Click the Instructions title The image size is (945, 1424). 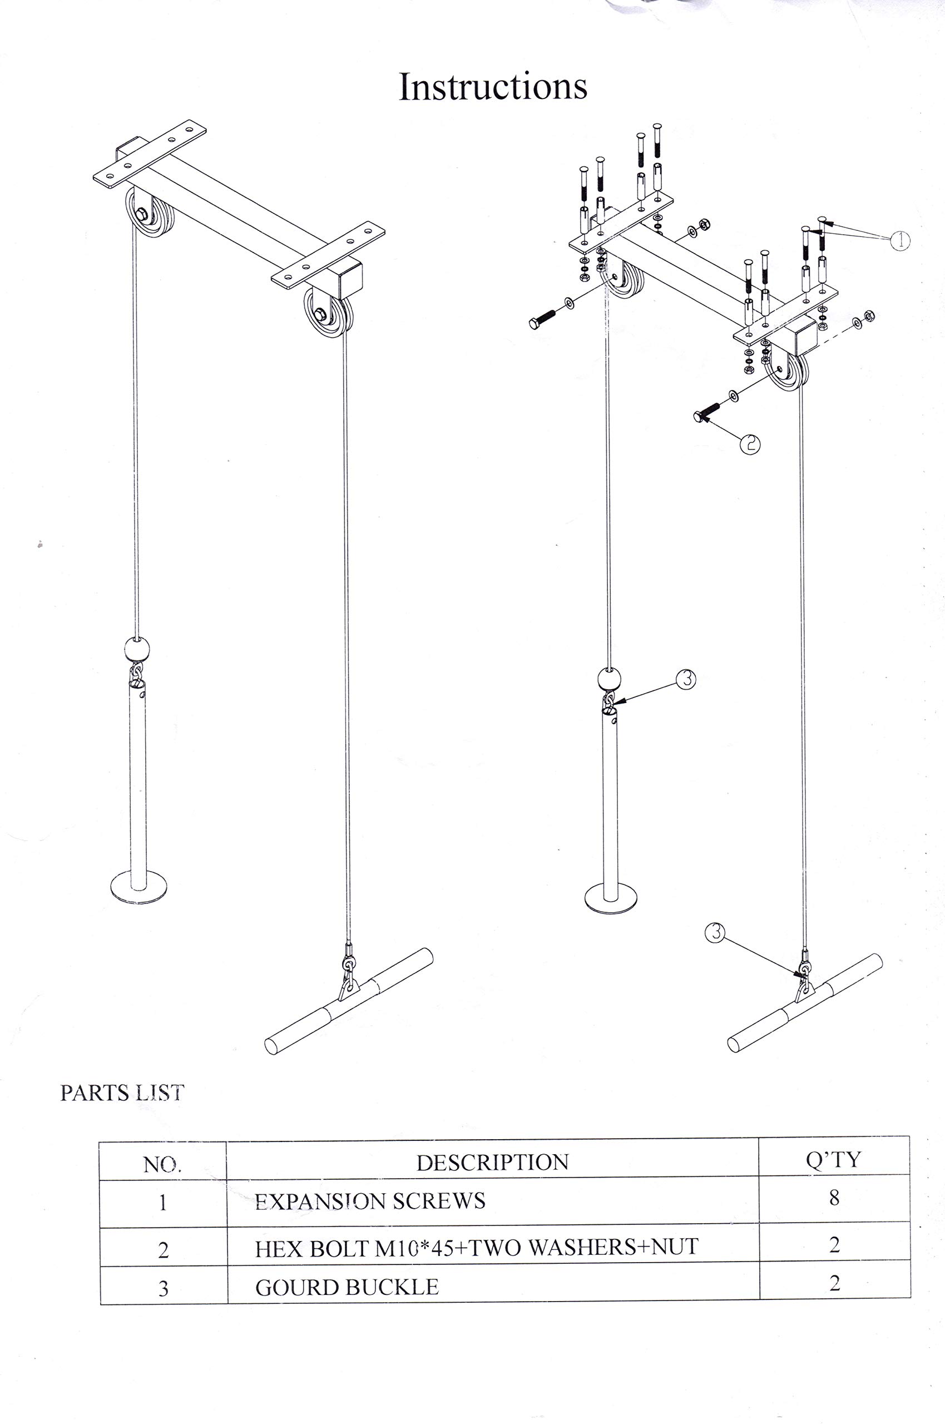coord(492,86)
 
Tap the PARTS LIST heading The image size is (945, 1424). coord(122,1093)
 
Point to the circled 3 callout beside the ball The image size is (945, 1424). coord(686,680)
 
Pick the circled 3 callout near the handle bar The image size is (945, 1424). coord(714,933)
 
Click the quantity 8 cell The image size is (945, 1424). coord(834,1198)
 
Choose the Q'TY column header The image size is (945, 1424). coord(834,1159)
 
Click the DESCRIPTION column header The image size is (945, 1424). coord(492,1162)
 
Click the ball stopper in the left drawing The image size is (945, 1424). coord(137,650)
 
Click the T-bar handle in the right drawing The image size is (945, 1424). coord(805,1003)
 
